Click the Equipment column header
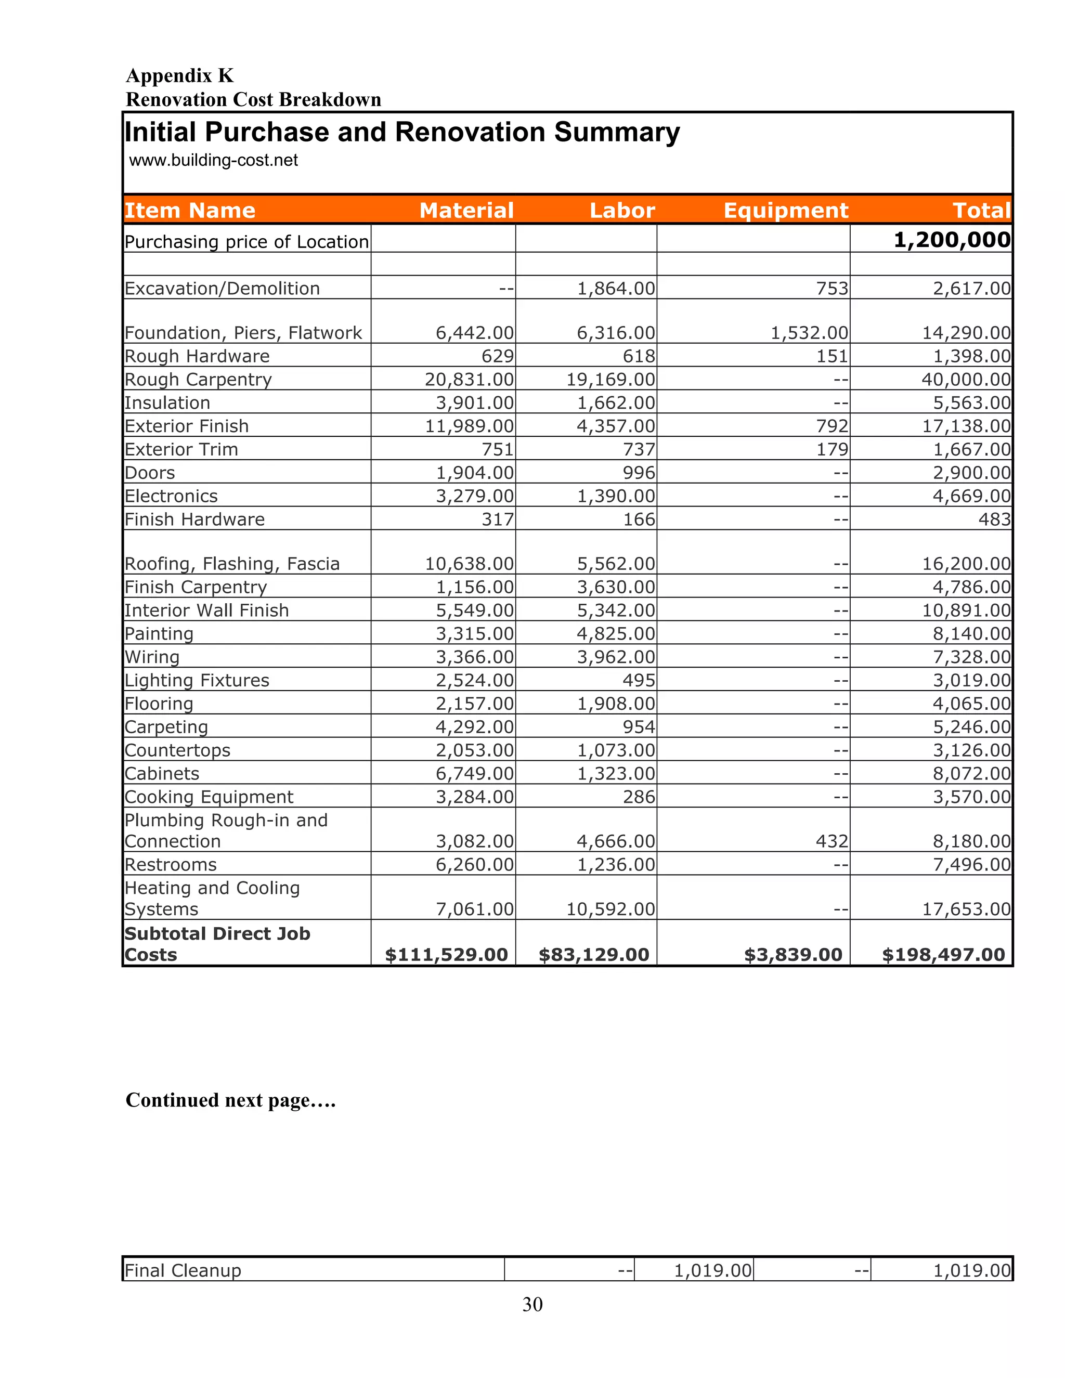pos(786,210)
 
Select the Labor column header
pos(622,210)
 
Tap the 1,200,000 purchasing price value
pos(952,240)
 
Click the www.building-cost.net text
pos(213,160)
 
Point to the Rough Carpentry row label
pos(198,379)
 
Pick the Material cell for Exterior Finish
pos(470,426)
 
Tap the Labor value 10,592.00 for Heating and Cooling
pos(610,909)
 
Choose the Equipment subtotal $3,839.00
pos(793,955)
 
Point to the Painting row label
pos(159,633)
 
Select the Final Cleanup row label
pos(183,1270)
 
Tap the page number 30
pos(532,1304)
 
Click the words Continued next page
pos(230,1100)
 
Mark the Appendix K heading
pos(180,76)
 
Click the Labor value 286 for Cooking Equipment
pos(639,797)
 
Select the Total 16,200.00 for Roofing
pos(966,564)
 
